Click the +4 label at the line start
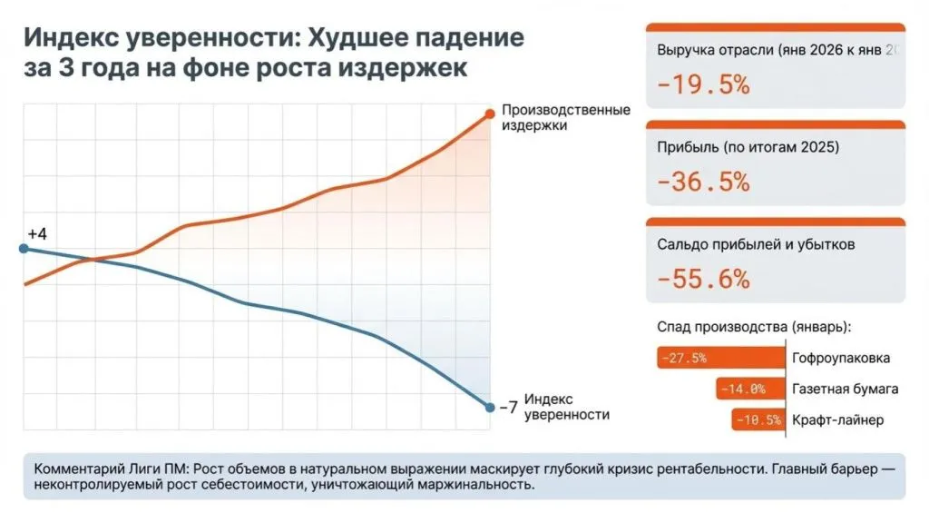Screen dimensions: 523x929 click(x=37, y=234)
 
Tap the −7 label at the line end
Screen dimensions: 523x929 click(x=508, y=408)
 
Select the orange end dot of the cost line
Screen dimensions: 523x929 click(x=490, y=113)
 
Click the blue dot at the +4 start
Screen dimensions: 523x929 click(x=24, y=248)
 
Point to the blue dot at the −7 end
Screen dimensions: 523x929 click(x=490, y=407)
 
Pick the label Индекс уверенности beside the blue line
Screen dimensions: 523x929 click(x=567, y=407)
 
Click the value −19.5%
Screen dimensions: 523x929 click(x=704, y=85)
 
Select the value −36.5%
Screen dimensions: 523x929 click(x=704, y=182)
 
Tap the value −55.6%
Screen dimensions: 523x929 click(x=704, y=279)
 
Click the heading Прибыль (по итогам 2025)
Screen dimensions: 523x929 click(x=748, y=147)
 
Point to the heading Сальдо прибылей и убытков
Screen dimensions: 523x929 click(x=755, y=244)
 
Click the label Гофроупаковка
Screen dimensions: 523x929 click(x=841, y=358)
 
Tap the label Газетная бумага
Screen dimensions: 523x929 click(x=845, y=390)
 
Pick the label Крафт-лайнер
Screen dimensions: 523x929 click(x=837, y=420)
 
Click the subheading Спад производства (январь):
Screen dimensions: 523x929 click(x=758, y=326)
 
